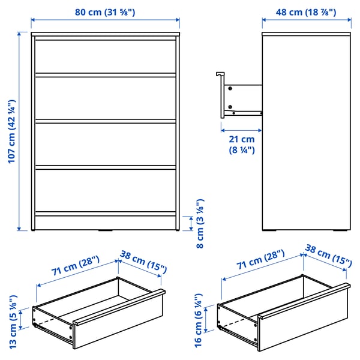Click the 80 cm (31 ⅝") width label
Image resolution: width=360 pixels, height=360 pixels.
click(x=105, y=12)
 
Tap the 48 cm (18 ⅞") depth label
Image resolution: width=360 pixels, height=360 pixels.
click(x=306, y=12)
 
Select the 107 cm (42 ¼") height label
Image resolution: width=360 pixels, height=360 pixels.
click(x=12, y=131)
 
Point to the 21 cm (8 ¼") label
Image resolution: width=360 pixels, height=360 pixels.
click(x=242, y=145)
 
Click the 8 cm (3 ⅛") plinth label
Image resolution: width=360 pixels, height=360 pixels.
click(x=200, y=224)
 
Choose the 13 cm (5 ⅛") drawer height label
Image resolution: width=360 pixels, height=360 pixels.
click(x=13, y=322)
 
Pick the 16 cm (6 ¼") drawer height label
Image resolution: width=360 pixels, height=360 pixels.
click(x=198, y=320)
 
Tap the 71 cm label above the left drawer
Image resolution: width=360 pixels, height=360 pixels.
click(x=76, y=265)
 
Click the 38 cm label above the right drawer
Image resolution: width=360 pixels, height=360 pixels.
click(x=328, y=256)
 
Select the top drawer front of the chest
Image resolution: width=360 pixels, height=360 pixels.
click(x=106, y=57)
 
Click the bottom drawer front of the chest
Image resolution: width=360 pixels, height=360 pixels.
click(x=106, y=191)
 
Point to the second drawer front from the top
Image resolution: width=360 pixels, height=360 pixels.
click(x=106, y=98)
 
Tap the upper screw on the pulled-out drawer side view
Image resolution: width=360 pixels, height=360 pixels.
click(x=230, y=88)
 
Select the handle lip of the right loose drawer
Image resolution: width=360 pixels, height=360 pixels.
click(x=304, y=301)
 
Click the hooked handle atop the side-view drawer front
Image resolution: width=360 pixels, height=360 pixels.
click(x=220, y=74)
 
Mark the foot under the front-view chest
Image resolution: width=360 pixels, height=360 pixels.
click(x=106, y=230)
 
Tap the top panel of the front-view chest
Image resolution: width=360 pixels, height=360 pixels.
click(x=106, y=34)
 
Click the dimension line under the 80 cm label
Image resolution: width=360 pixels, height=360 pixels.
click(x=106, y=20)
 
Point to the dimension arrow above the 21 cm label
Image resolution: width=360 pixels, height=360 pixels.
click(x=241, y=130)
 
